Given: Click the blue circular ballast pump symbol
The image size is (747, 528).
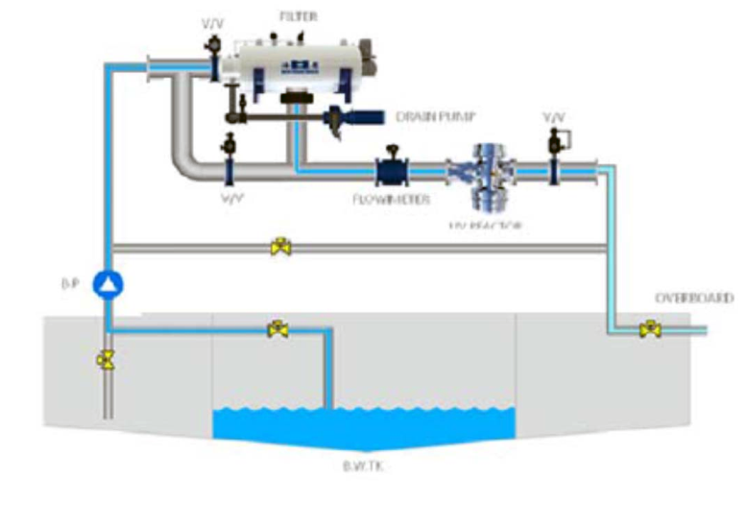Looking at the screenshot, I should [108, 283].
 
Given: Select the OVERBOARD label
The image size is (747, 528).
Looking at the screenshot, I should [693, 299].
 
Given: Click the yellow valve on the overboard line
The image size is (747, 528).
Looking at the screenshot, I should [650, 330].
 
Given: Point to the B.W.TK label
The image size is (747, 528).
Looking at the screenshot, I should [363, 468].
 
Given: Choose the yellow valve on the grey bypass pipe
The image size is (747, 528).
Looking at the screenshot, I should [280, 247].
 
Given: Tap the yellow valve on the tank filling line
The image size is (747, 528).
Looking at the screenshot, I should [278, 329].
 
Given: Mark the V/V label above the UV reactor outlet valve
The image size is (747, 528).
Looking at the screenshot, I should [554, 116].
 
